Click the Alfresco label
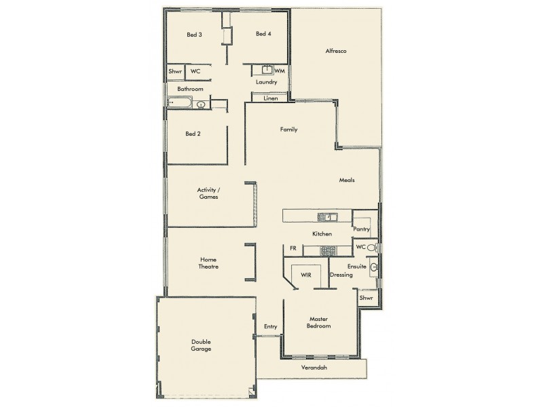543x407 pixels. pos(337,51)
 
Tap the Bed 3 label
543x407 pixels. pos(195,35)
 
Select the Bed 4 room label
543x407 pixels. pos(264,34)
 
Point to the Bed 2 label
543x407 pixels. pos(193,134)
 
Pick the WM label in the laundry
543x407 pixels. pos(280,71)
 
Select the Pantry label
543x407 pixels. pos(361,229)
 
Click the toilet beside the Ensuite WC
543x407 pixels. pos(371,248)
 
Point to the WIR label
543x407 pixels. pos(305,275)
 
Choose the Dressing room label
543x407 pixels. pos(341,275)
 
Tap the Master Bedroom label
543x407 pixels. pos(319,322)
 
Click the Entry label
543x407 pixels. pos(271,327)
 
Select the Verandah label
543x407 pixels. pos(314,368)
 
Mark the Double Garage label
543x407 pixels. pos(201,345)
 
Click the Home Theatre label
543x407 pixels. pos(209,263)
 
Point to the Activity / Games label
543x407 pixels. pos(208,193)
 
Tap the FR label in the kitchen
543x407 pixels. pos(293,248)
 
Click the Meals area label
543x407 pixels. pos(347,180)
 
